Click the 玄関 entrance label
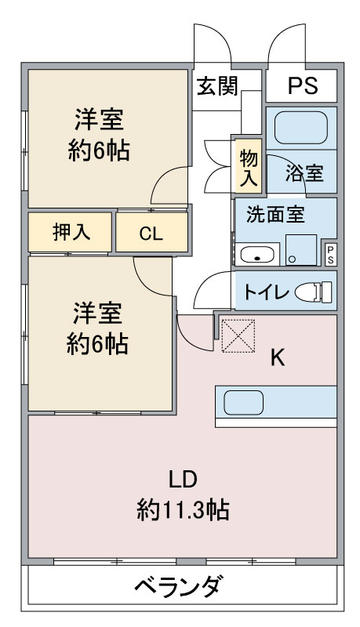click(x=217, y=86)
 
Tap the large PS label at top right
click(x=303, y=85)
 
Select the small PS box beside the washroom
click(x=330, y=254)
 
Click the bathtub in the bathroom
click(x=301, y=128)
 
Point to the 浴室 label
click(x=304, y=173)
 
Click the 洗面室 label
click(x=275, y=214)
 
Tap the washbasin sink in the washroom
click(x=256, y=254)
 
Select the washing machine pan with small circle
click(x=301, y=250)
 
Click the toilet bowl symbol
click(x=314, y=292)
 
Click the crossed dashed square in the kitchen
click(x=238, y=335)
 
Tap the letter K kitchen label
click(x=278, y=357)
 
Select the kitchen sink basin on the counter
click(x=244, y=402)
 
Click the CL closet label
click(x=151, y=234)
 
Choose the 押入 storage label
click(x=71, y=232)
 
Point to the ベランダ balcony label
click(x=178, y=585)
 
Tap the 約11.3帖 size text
click(x=183, y=509)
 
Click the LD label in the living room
click(x=183, y=479)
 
